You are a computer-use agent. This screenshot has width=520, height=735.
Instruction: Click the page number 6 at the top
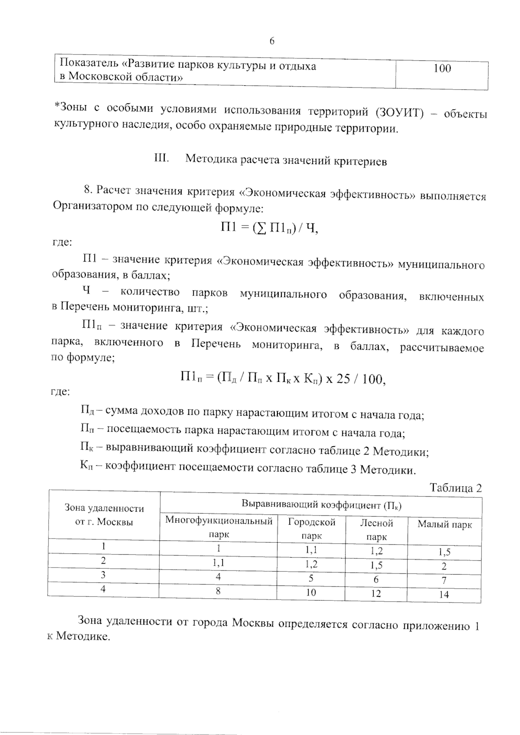coord(272,41)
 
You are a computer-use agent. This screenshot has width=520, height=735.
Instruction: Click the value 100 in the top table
coord(442,68)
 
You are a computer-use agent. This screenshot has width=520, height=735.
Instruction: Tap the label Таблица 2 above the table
coord(455,488)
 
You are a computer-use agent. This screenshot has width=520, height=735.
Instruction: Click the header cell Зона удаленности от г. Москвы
coord(104,515)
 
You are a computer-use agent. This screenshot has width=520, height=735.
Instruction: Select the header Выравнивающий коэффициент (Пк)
coord(321,505)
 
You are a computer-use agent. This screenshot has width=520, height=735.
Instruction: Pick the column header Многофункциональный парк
coord(219,527)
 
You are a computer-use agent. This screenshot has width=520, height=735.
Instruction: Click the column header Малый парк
coord(444,525)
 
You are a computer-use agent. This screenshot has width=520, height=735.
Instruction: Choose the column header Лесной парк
coord(376,530)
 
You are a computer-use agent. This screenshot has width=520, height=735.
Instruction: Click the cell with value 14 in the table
coord(444,594)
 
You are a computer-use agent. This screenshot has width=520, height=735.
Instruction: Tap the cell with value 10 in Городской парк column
coord(311,592)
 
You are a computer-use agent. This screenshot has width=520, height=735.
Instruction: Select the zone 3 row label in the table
coord(103,575)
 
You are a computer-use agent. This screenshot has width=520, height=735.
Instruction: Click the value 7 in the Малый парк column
coord(444,580)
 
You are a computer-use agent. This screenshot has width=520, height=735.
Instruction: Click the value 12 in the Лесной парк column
coord(376,593)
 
